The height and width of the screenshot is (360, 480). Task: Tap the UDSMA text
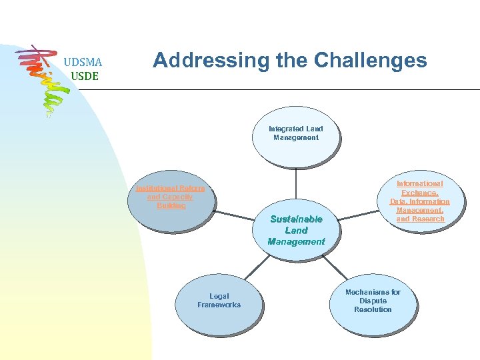pyautogui.click(x=83, y=63)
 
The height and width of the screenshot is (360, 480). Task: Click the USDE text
pyautogui.click(x=84, y=76)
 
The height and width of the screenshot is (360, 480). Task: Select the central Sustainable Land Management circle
pyautogui.click(x=295, y=231)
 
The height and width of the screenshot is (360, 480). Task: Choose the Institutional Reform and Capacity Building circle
pyautogui.click(x=170, y=200)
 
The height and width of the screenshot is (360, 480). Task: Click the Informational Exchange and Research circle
pyautogui.click(x=419, y=202)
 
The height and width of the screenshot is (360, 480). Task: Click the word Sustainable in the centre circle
pyautogui.click(x=296, y=219)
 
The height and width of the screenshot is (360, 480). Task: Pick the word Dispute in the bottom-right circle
pyautogui.click(x=373, y=301)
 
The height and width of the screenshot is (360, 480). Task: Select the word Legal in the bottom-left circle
pyautogui.click(x=219, y=296)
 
